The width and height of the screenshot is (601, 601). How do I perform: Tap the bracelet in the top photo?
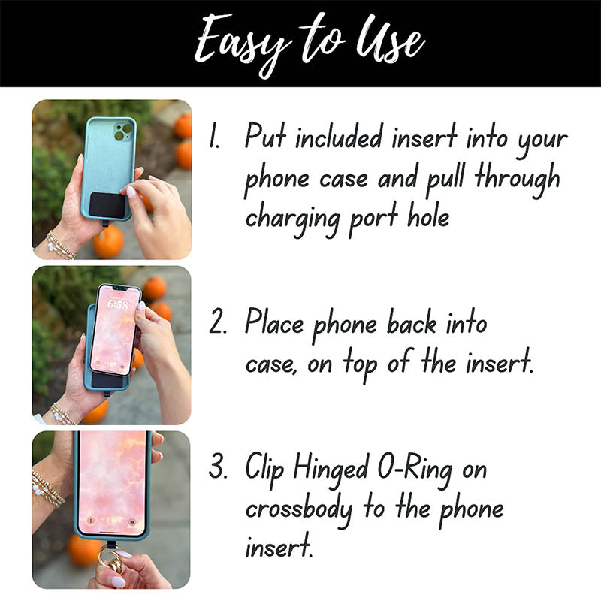pyautogui.click(x=59, y=244)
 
